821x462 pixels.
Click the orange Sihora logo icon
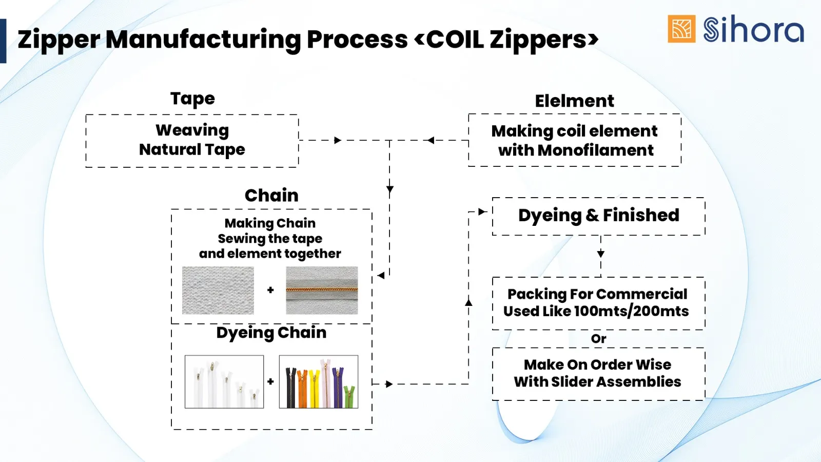681,29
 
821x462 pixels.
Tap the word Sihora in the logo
753,30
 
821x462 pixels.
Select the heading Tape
192,99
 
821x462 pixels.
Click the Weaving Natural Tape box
192,140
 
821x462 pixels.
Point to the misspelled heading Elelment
574,101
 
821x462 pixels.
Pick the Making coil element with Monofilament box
575,140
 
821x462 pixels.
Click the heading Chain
271,196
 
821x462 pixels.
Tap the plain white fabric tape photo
218,290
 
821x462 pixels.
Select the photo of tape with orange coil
322,290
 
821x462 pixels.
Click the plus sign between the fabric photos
270,290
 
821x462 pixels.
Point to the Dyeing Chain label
271,333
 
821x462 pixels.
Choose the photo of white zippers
224,382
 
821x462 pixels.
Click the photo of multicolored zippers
319,382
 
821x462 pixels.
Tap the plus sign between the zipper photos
270,381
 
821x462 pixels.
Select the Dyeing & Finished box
598,216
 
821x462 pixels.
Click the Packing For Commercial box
598,303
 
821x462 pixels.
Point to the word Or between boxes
598,339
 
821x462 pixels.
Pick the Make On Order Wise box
598,373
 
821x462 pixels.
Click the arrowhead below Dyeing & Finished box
601,254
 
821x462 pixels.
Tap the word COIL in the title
455,40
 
